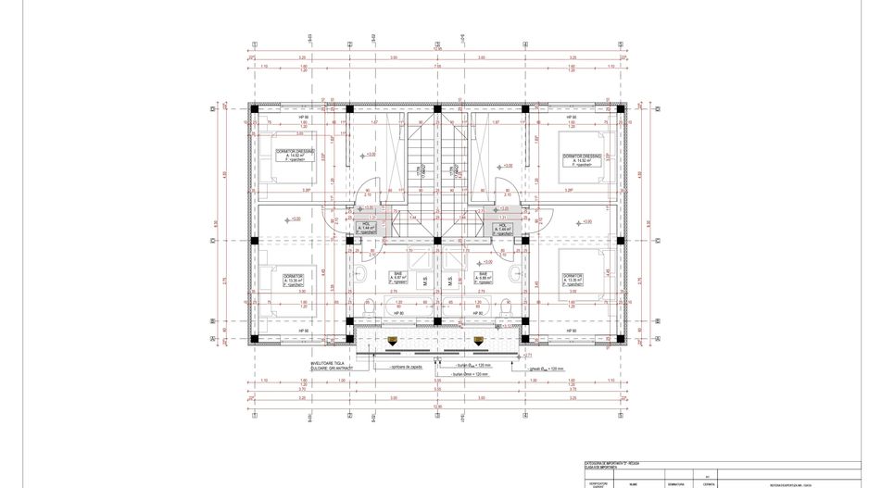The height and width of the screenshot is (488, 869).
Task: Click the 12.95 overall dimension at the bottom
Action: pos(437,405)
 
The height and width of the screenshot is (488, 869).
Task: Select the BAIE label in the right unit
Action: pos(483,274)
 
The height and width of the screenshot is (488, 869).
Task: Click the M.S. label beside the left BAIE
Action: pos(423,282)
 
